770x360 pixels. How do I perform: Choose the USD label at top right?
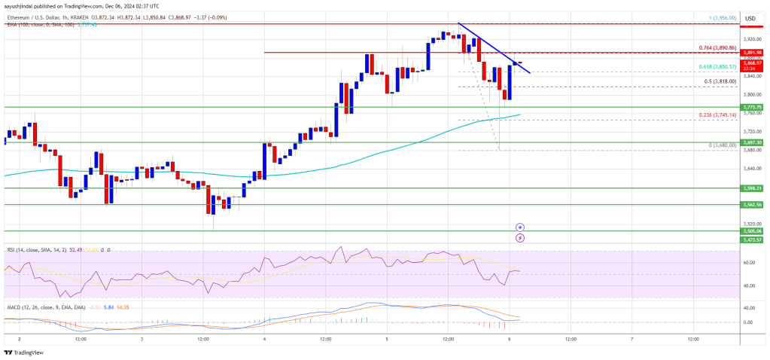pyautogui.click(x=750, y=18)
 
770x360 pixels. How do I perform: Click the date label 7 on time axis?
pyautogui.click(x=632, y=340)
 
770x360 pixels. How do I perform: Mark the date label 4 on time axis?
pyautogui.click(x=264, y=340)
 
